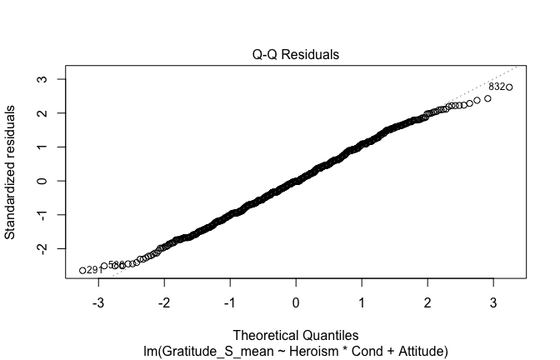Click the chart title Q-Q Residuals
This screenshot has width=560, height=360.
coord(296,55)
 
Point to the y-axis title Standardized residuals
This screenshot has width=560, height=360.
coord(12,172)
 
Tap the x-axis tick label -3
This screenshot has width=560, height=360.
coord(97,302)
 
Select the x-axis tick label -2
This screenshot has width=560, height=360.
coord(163,302)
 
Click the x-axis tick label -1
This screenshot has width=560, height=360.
coord(229,302)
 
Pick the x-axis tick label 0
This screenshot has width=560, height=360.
coord(296,302)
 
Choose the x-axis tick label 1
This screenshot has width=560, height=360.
coord(362,302)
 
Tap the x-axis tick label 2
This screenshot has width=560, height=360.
coord(427,302)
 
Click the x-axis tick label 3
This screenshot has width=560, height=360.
coord(493,302)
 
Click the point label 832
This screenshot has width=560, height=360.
coord(497,87)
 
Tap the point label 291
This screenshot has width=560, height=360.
coord(94,270)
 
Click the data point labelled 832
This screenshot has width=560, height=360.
coord(509,87)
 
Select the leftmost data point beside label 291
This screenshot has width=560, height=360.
coord(82,270)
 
